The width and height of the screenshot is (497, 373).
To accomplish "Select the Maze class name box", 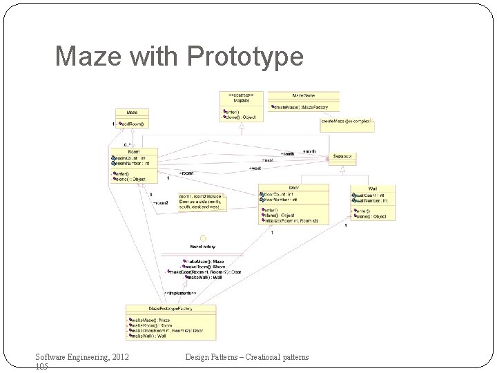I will coord(133,113).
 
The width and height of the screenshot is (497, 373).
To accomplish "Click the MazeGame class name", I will coord(303,95).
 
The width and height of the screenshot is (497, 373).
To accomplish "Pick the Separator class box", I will coord(343,157).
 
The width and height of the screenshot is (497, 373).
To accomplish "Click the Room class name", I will coord(133,152).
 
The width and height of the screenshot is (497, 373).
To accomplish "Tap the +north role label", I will coord(309,151).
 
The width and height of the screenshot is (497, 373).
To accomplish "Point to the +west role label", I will coord(255,168).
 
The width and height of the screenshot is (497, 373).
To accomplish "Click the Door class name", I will coord(293,188).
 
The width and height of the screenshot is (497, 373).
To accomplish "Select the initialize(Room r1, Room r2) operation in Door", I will coord(293,221).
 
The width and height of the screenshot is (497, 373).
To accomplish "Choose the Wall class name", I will coord(372,189).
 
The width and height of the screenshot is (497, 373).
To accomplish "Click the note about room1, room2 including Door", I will coord(202,202).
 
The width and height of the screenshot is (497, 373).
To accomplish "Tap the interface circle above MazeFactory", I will coord(203,238).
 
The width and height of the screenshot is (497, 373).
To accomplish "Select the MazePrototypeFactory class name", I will coord(170,308).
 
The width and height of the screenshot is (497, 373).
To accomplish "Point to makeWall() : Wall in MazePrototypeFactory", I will coord(150,336).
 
